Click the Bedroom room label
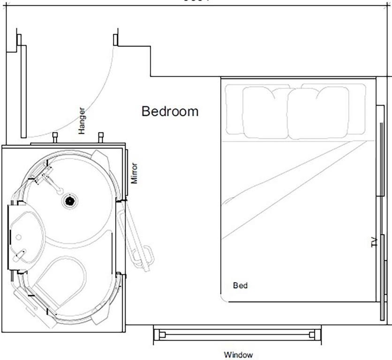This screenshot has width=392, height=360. [x=170, y=112]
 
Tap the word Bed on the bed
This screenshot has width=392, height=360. [x=240, y=285]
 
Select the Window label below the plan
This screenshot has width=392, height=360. [x=238, y=355]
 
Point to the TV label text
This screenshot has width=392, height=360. [x=374, y=242]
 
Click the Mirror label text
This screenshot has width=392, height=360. [x=135, y=173]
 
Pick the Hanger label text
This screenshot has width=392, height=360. [x=82, y=121]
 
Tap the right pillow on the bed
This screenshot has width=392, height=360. [x=319, y=112]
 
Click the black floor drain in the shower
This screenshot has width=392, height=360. [x=70, y=201]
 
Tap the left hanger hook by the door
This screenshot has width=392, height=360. [x=55, y=137]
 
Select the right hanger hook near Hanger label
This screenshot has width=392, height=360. [x=100, y=137]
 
